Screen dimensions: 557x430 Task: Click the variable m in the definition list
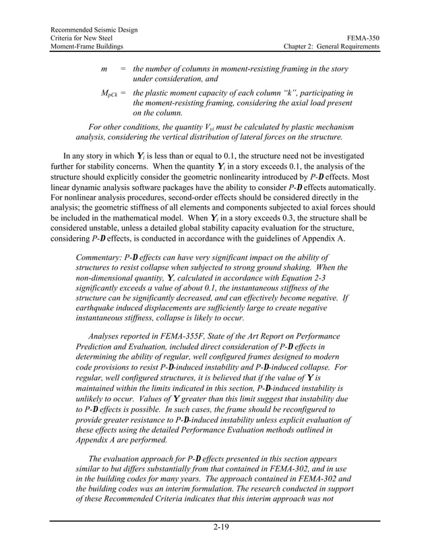click(x=104, y=69)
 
